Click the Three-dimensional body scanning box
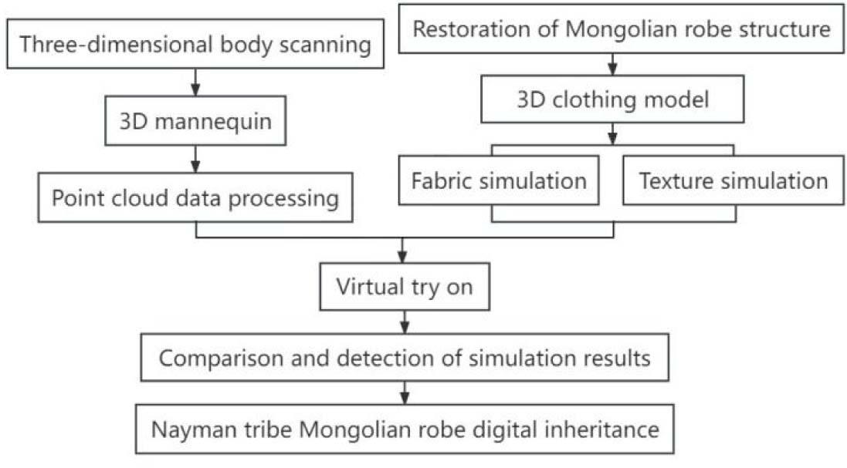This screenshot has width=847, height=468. coord(195,45)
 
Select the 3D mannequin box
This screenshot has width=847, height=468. coord(195,122)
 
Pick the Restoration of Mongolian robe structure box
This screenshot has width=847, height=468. coord(621,30)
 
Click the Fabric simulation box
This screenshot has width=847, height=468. coord(499,181)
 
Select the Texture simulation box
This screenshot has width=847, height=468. coord(733,181)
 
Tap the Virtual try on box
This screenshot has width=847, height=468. coord(404,288)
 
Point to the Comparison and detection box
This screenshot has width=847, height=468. coord(404,359)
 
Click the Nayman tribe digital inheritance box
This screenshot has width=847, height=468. coord(404,428)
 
